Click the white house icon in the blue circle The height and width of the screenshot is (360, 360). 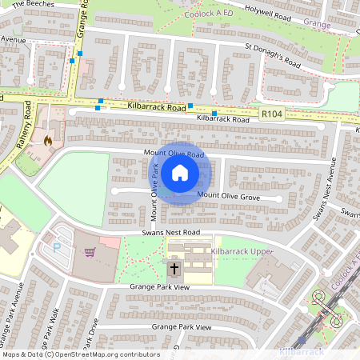(x=180, y=173)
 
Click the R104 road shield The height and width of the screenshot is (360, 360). (x=271, y=115)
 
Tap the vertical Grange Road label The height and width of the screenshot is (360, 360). (x=81, y=20)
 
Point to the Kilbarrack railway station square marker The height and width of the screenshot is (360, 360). (x=302, y=340)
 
